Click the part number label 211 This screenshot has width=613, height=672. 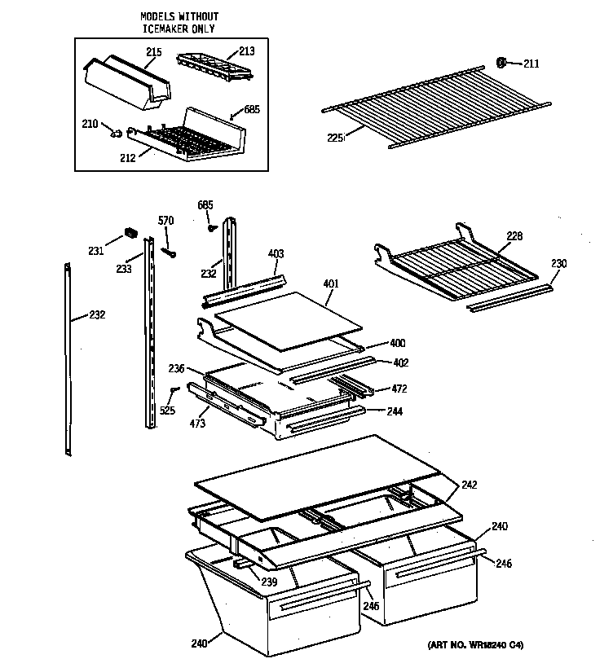coord(531,64)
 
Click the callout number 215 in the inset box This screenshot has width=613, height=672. coord(153,52)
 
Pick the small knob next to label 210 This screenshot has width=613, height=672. coord(118,130)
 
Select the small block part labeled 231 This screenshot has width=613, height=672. coord(128,234)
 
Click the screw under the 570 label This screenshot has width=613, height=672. coord(169,250)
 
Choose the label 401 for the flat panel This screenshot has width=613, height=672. coord(331,283)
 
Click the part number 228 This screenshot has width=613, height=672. coord(514,236)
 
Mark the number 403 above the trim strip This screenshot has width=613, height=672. coord(276,255)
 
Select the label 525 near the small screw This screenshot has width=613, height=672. coord(167,410)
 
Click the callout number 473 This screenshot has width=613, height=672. coord(196,423)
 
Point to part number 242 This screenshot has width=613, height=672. coord(469,485)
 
